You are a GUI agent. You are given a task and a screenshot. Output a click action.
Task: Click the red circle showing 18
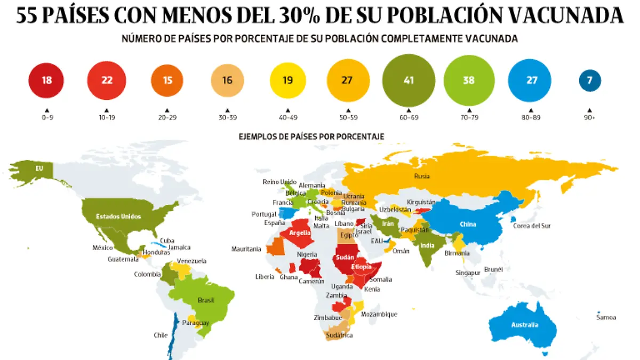pos(46,81)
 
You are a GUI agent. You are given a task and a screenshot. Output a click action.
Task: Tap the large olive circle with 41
pos(409,81)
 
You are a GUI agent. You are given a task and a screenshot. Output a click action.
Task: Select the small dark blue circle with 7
pos(590,81)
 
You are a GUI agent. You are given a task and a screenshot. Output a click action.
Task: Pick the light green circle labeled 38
pos(469,81)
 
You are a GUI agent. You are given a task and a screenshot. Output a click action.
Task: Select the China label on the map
pos(467,224)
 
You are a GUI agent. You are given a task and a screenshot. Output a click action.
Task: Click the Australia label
pos(524,325)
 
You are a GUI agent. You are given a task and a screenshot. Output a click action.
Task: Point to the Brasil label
pos(205,300)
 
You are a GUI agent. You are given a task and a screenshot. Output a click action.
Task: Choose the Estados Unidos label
pos(118,217)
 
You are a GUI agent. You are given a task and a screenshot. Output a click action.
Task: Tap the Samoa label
pos(606,317)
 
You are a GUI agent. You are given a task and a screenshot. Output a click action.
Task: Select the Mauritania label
pos(246,249)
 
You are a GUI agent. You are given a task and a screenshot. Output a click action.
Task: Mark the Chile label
pos(161,335)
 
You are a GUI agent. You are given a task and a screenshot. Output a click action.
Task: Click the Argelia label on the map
pos(300,233)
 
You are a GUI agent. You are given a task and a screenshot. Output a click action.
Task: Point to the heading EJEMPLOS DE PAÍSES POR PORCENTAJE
pos(311,137)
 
